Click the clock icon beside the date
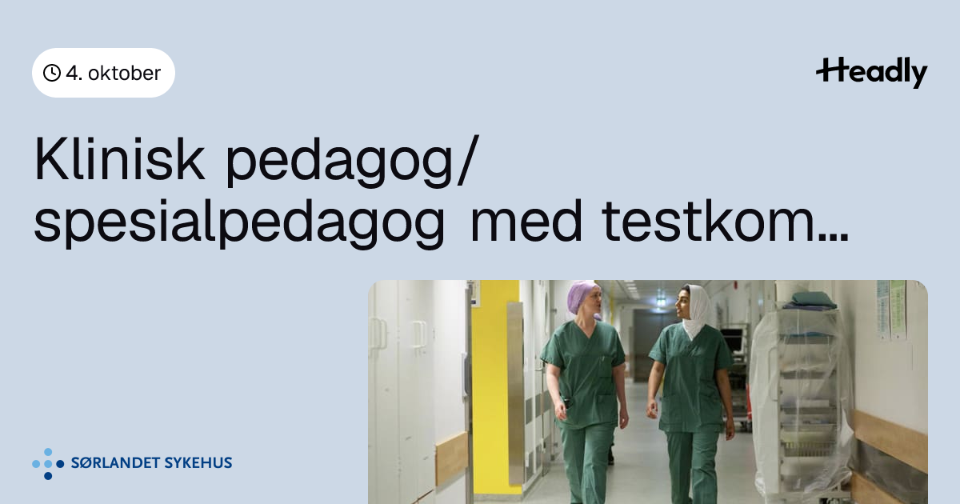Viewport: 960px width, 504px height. click(52, 73)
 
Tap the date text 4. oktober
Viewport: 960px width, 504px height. click(114, 74)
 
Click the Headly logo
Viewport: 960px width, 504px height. click(872, 73)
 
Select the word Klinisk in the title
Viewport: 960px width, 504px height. click(119, 159)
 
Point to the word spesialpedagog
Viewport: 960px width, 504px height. click(239, 223)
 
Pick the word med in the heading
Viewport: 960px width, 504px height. click(526, 221)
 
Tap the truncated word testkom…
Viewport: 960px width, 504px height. click(725, 222)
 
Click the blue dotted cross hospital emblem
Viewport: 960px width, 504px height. click(48, 464)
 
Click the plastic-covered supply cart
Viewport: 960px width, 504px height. click(799, 398)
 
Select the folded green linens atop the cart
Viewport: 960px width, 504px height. click(809, 301)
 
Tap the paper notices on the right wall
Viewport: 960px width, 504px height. click(891, 309)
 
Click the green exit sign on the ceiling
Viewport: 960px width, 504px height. click(662, 302)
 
